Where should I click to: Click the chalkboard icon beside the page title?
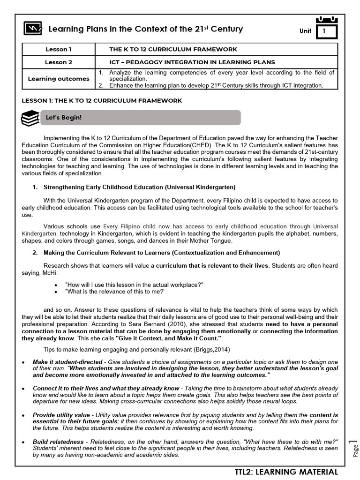[32, 29]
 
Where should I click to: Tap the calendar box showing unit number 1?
[326, 30]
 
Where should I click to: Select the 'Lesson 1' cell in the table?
[59, 49]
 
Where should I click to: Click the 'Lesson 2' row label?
[59, 62]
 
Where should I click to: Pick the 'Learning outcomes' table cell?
[59, 79]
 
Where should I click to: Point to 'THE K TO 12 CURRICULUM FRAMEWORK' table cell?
[173, 49]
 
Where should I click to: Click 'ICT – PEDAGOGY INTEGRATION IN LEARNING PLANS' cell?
[192, 62]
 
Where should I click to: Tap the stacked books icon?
[30, 118]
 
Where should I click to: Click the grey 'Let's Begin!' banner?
[141, 118]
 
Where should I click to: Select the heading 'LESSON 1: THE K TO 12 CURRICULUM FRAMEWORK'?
[102, 101]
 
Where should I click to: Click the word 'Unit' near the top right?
[305, 31]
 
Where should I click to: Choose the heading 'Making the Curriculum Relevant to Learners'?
[161, 253]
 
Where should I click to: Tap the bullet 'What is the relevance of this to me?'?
[115, 291]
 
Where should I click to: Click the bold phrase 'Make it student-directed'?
[67, 362]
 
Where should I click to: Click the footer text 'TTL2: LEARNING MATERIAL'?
[286, 472]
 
